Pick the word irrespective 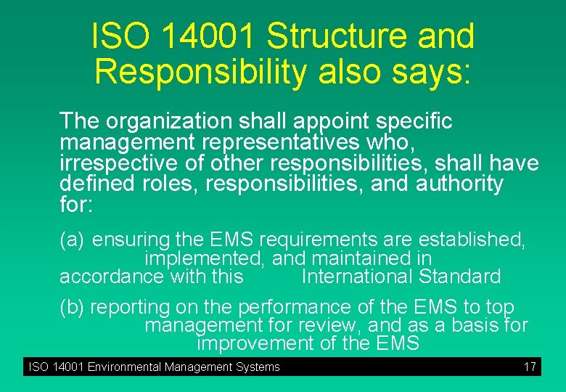pos(119,163)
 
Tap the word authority pos(459,184)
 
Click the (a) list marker pos(73,239)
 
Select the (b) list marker pos(73,307)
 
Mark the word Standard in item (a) pos(459,277)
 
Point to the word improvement pos(257,343)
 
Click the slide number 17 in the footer pos(530,367)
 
